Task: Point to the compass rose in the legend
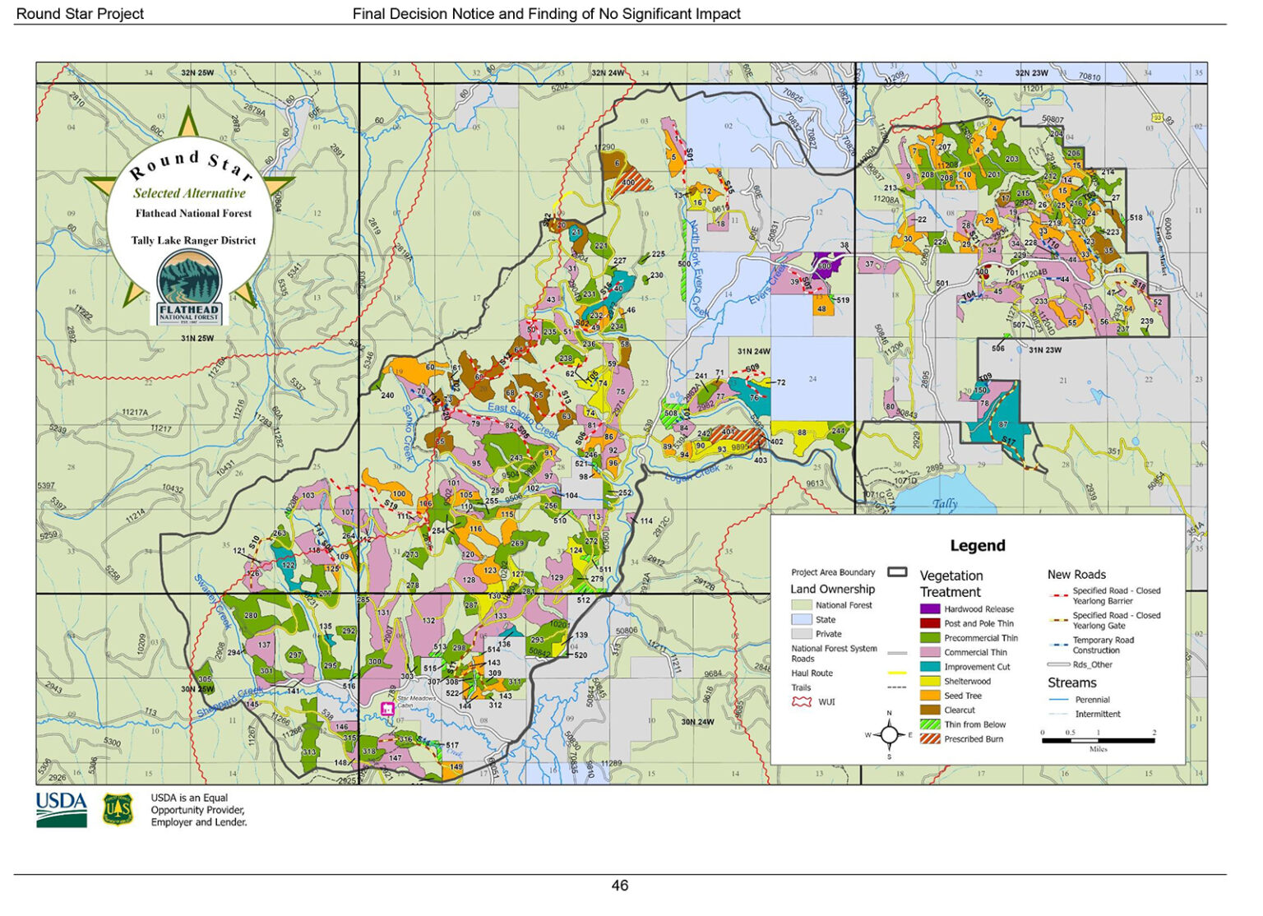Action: [889, 734]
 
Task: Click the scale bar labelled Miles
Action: [1098, 740]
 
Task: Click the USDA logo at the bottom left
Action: [62, 810]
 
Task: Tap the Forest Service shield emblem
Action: [118, 810]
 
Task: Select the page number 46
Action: [620, 886]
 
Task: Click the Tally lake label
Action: [945, 503]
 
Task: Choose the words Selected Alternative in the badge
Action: [189, 193]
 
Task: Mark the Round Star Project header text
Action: [80, 14]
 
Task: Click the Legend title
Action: [977, 545]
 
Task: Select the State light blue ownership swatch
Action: [801, 620]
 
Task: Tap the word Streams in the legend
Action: [1071, 683]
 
